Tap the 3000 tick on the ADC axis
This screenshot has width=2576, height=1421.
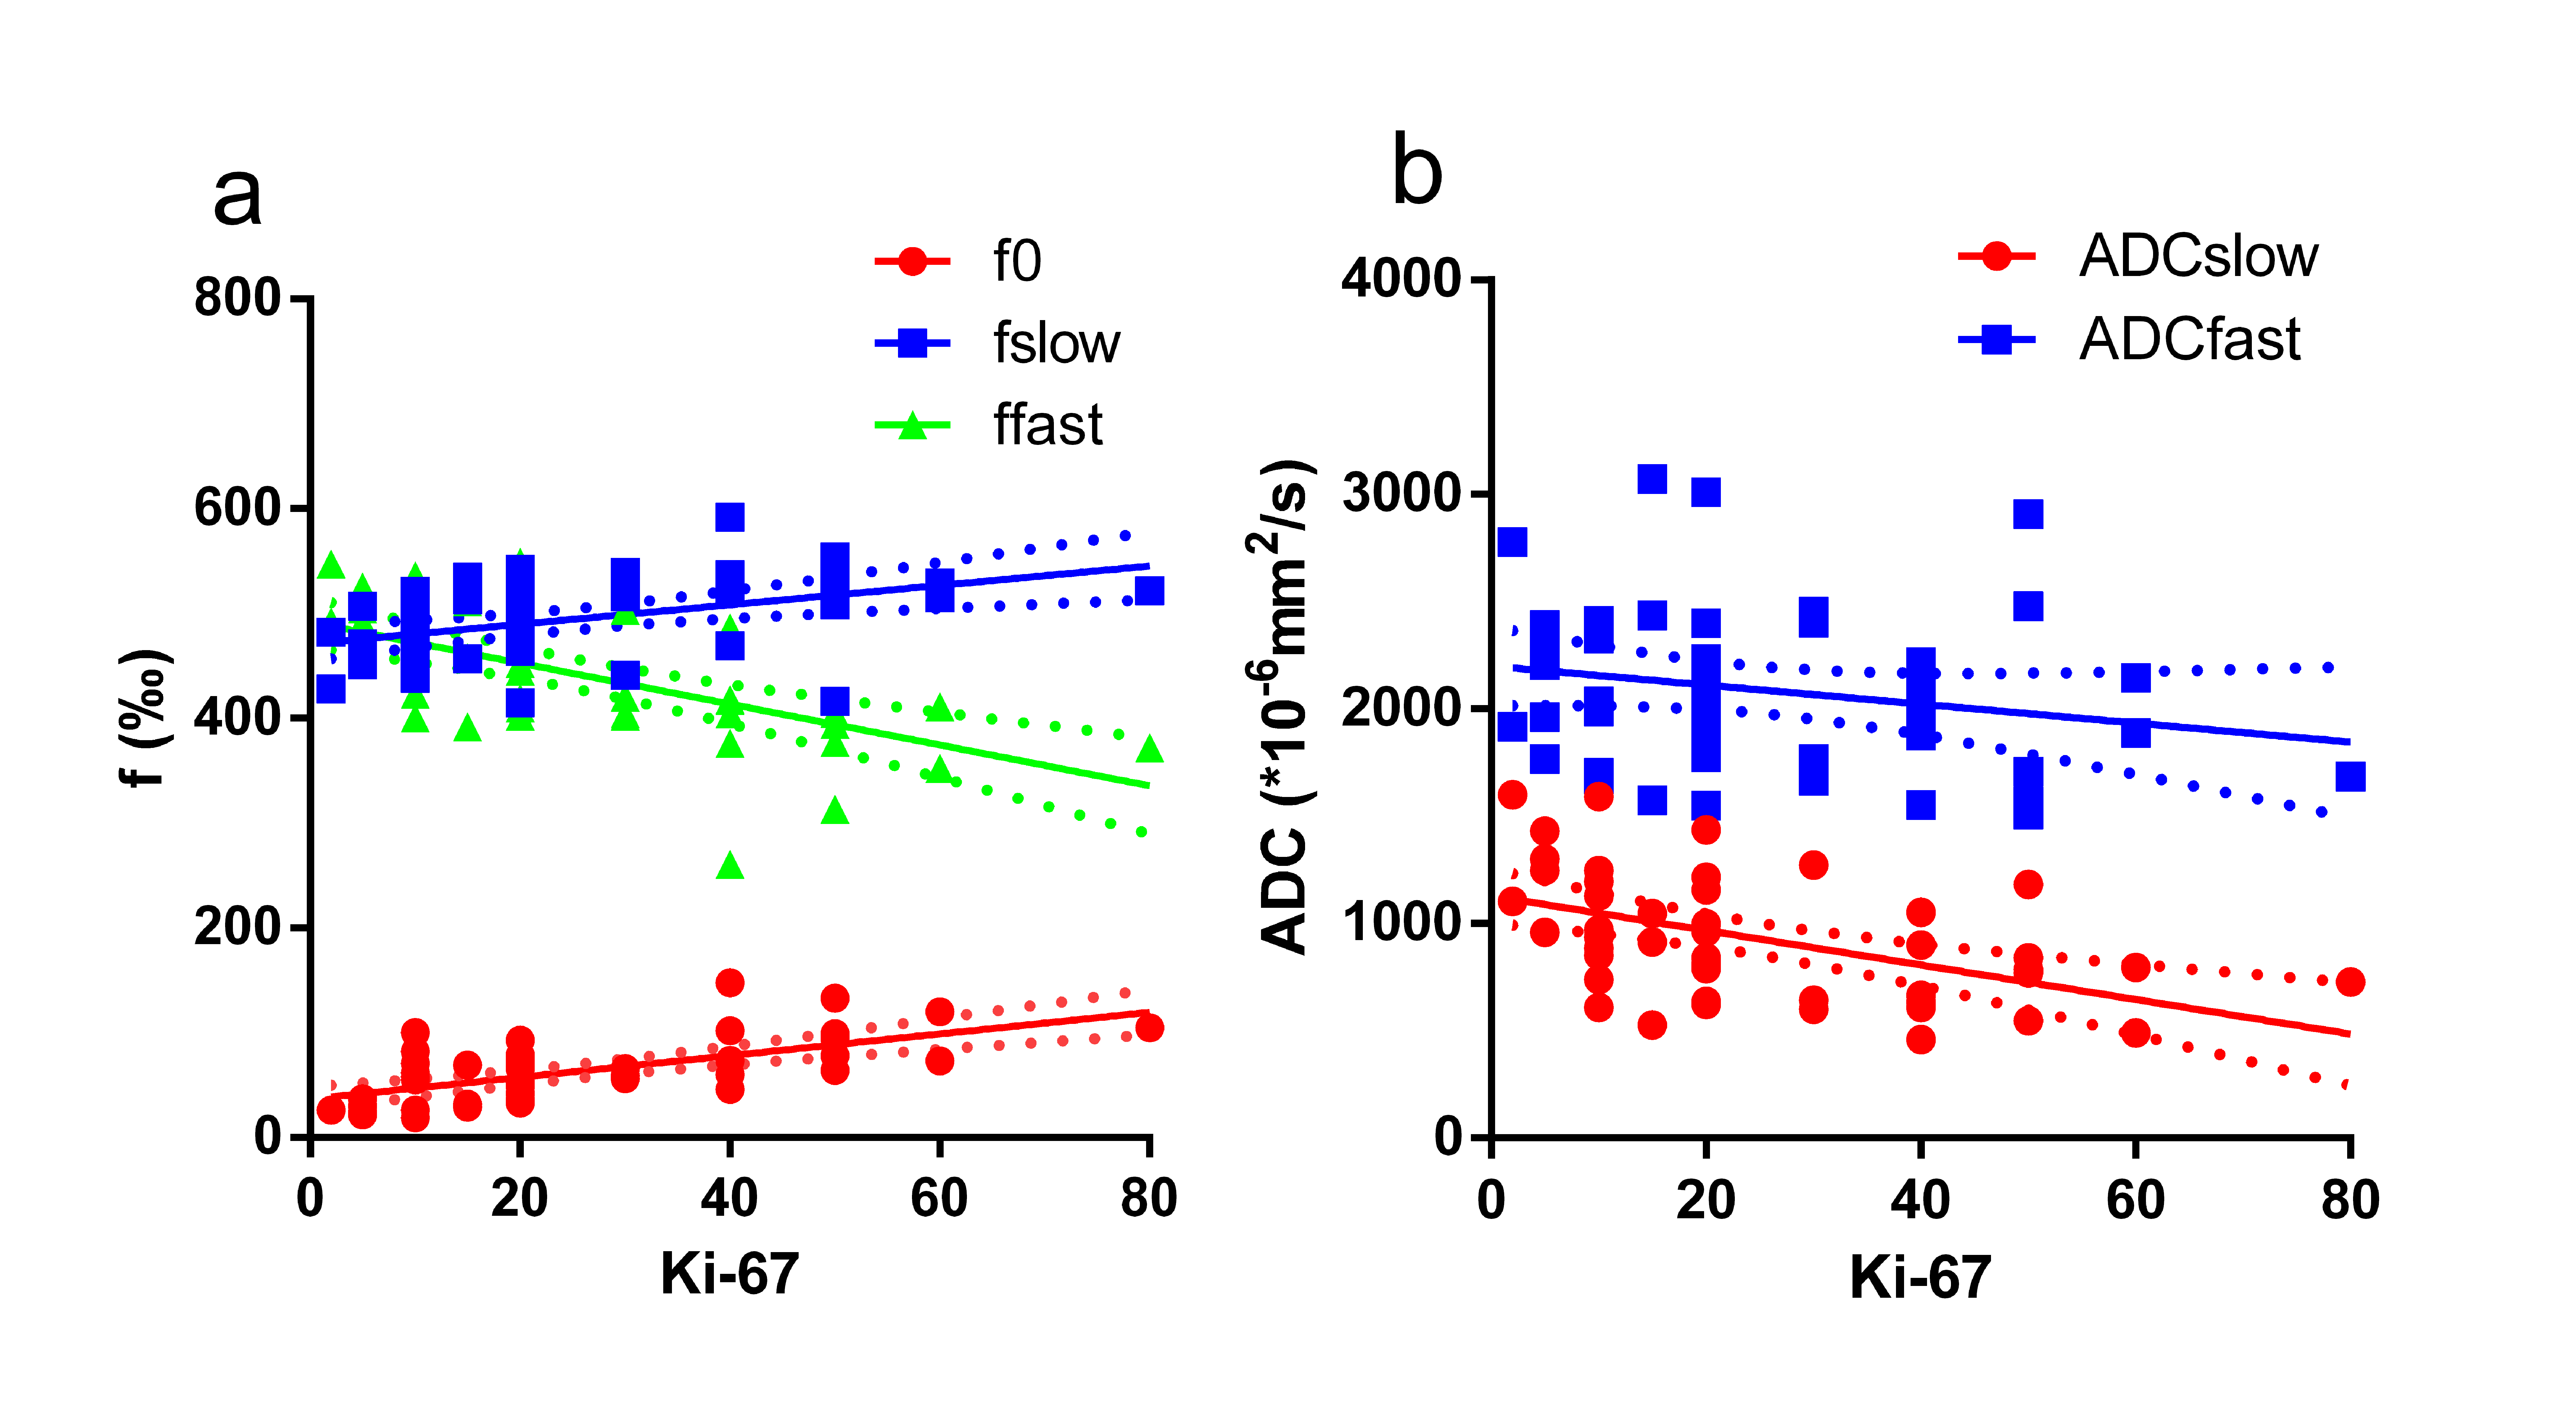coord(1400,493)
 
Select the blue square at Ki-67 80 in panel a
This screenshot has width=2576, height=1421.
coord(1149,591)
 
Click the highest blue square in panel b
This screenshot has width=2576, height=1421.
coord(1652,479)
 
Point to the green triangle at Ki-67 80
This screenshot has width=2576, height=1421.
coord(1149,749)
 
